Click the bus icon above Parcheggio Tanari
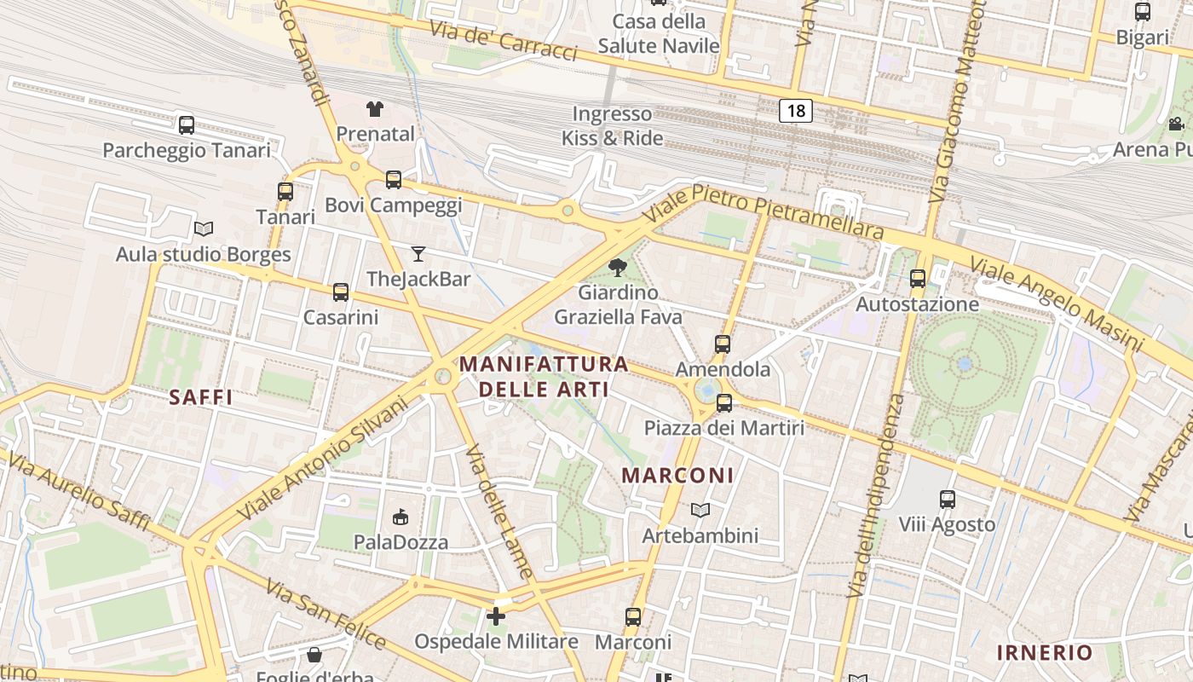pos(187,125)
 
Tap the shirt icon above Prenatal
pos(375,108)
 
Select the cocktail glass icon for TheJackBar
pos(418,253)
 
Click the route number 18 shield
pos(795,110)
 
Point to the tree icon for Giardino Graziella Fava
pos(618,268)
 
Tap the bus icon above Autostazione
pos(918,279)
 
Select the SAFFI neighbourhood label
pos(201,397)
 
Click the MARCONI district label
pos(677,476)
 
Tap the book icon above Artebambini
pos(700,510)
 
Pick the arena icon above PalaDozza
pos(401,517)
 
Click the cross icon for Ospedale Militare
pos(496,616)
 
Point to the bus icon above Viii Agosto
pos(948,500)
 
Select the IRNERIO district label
pos(1045,653)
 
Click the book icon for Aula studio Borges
pos(203,228)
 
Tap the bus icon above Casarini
pos(341,292)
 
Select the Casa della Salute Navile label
pos(659,33)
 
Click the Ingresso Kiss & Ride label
pos(612,125)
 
